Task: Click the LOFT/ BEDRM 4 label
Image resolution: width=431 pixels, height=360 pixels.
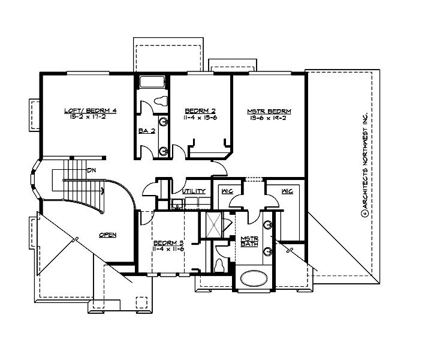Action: point(86,110)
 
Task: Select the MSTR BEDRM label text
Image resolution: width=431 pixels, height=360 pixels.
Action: point(269,111)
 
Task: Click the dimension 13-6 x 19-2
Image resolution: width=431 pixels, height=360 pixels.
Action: point(269,118)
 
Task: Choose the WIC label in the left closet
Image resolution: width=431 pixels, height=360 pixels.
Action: point(227,191)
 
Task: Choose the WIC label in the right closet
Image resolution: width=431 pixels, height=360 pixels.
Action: point(286,191)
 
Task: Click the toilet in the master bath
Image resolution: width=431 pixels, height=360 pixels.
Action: point(219,265)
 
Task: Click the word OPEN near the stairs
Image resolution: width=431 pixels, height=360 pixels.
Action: point(107,235)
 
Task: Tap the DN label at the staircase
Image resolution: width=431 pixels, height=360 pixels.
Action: point(91,171)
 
